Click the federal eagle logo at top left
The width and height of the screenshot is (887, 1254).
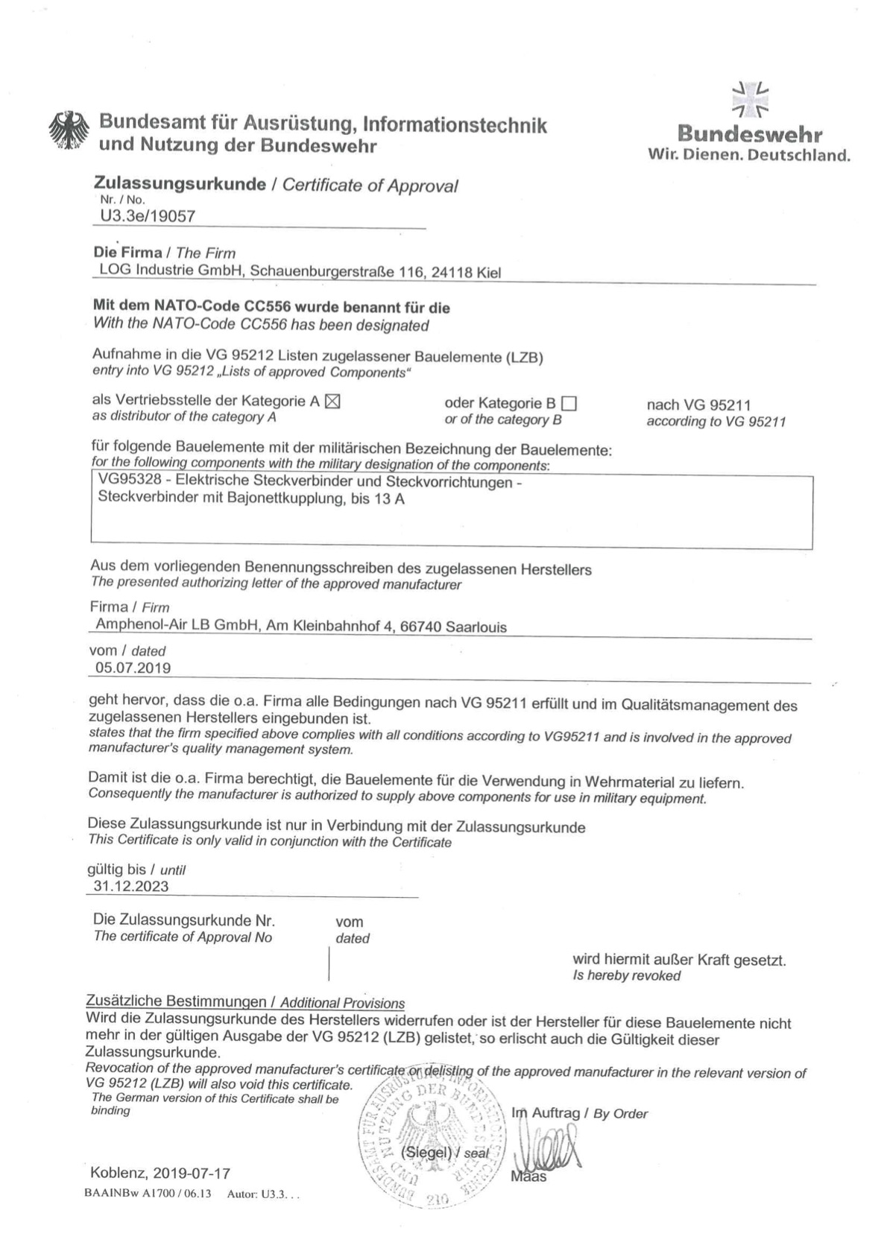pyautogui.click(x=69, y=132)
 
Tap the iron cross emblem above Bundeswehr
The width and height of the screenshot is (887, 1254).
pyautogui.click(x=750, y=100)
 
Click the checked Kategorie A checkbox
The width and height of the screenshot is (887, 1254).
pyautogui.click(x=332, y=401)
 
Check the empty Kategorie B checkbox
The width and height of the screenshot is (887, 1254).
pyautogui.click(x=569, y=404)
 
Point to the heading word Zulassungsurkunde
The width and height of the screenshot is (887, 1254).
pyautogui.click(x=180, y=184)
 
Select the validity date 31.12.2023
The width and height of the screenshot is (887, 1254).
pyautogui.click(x=131, y=886)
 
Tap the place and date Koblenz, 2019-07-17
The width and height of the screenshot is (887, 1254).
pyautogui.click(x=160, y=1173)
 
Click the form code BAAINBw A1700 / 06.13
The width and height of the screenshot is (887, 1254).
pyautogui.click(x=148, y=1193)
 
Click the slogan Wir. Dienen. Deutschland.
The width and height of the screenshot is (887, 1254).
pyautogui.click(x=749, y=155)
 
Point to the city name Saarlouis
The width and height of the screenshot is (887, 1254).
pyautogui.click(x=476, y=627)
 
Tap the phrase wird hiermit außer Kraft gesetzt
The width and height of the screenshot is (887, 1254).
pyautogui.click(x=678, y=960)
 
